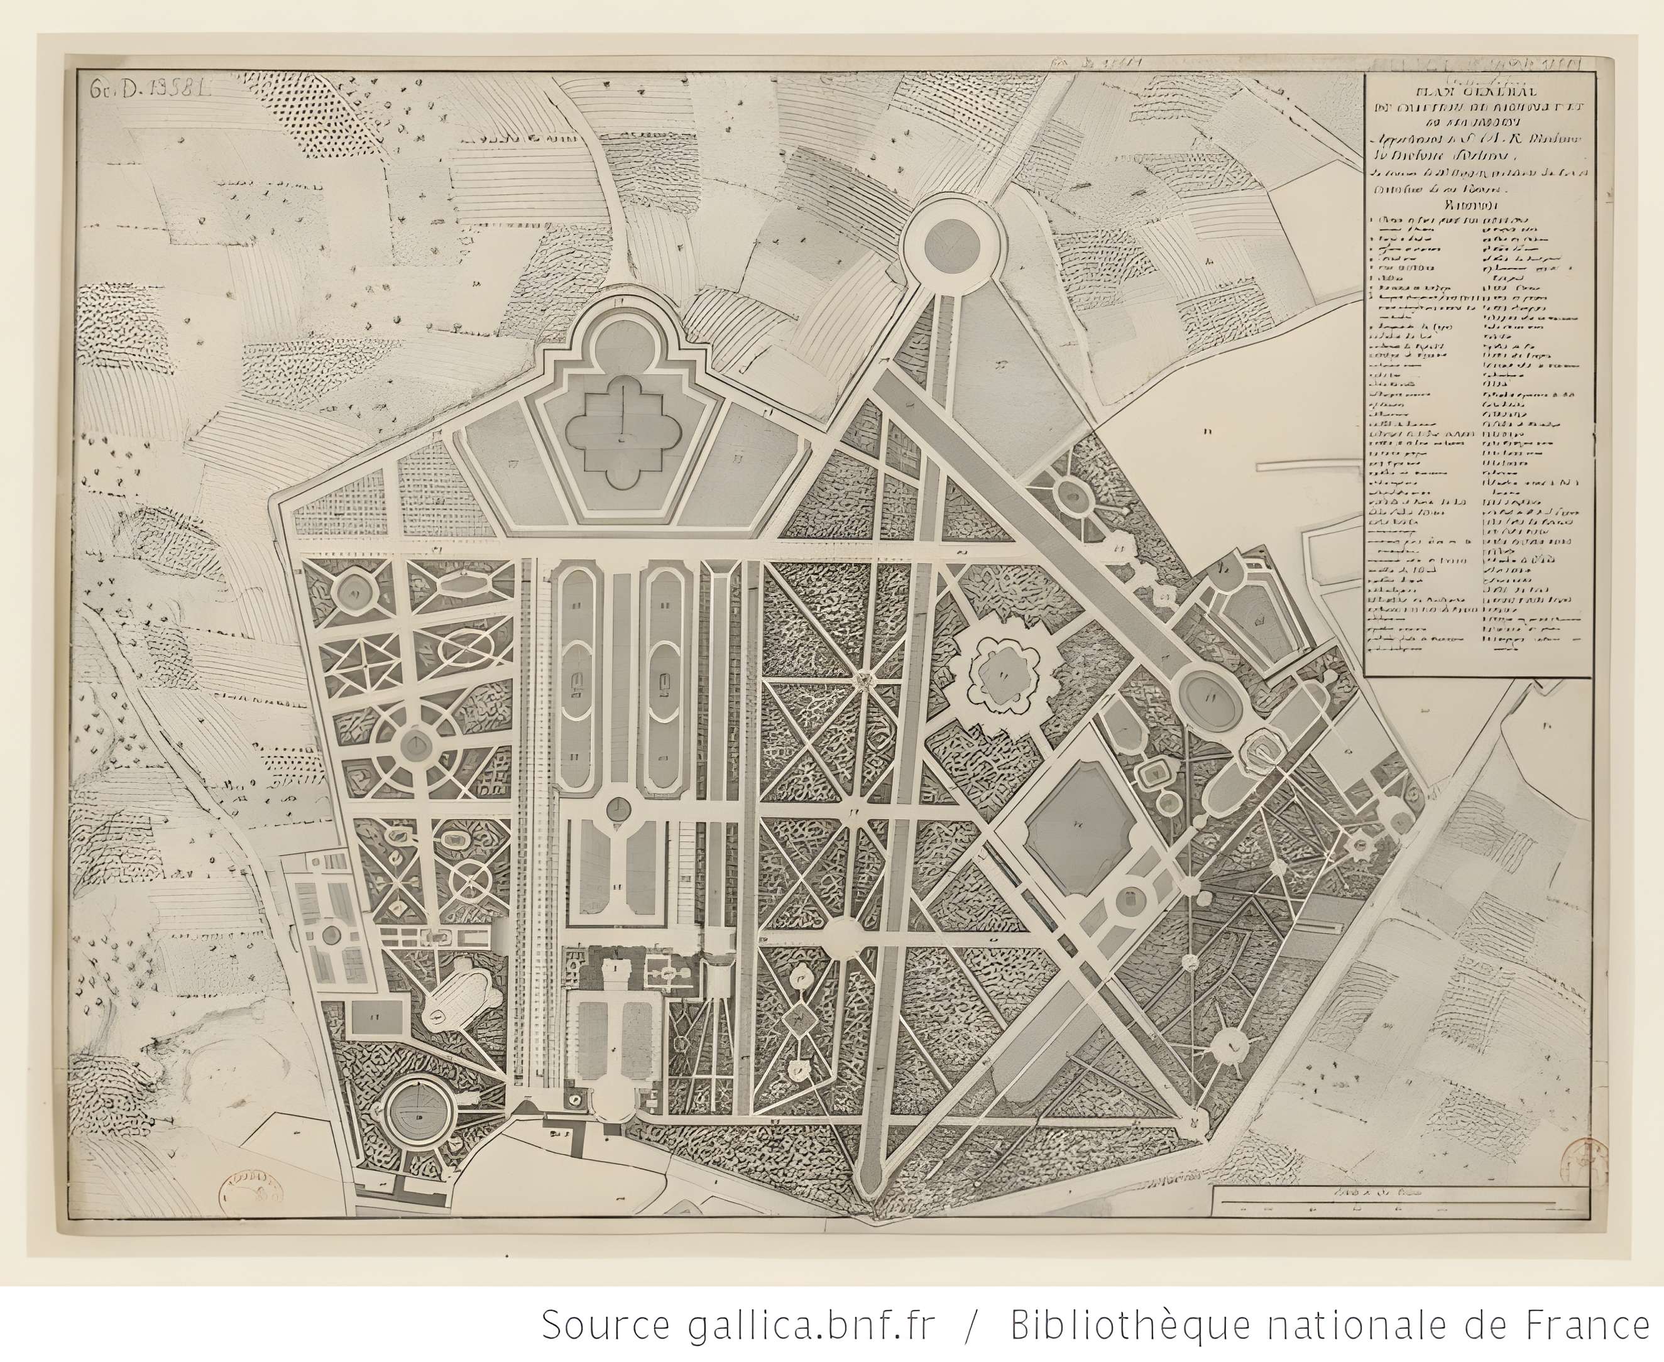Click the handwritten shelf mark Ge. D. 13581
148,88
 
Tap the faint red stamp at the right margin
1579,1163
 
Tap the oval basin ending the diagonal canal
1210,696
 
